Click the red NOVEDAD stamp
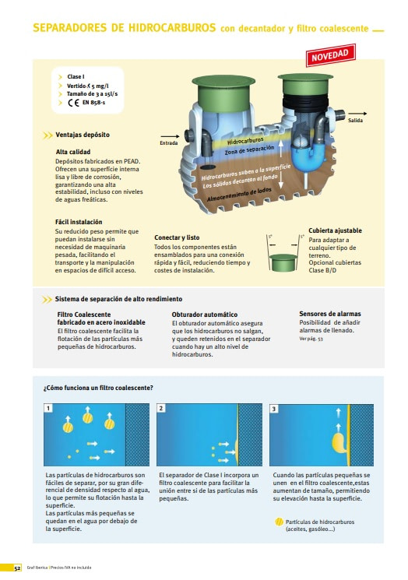click(x=331, y=55)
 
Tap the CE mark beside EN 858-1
click(x=74, y=103)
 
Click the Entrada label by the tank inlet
click(x=169, y=142)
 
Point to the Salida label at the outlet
click(x=355, y=120)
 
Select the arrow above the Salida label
click(x=357, y=114)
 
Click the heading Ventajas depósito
click(x=83, y=135)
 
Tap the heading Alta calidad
click(x=73, y=152)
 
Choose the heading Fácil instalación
click(x=79, y=222)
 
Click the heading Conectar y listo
click(x=177, y=237)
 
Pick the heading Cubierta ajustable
click(x=335, y=230)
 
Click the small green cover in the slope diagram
click(x=283, y=262)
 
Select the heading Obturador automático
click(x=205, y=315)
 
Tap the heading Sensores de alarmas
click(x=330, y=314)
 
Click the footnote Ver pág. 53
click(x=311, y=339)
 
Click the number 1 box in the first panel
click(x=48, y=408)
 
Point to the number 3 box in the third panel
click(x=274, y=409)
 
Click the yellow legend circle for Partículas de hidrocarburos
click(x=280, y=522)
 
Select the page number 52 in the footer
click(x=17, y=568)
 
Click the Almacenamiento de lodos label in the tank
click(x=239, y=195)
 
